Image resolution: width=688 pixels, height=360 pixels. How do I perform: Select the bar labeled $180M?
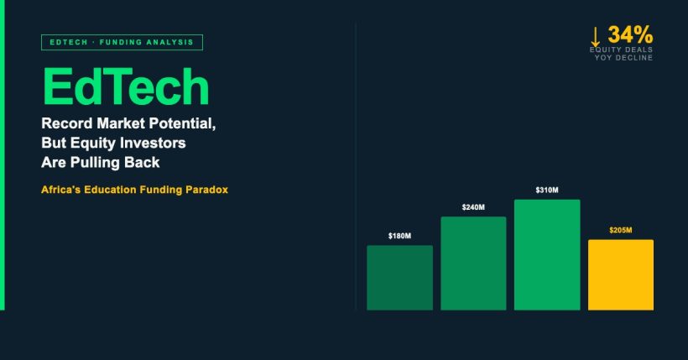pos(399,278)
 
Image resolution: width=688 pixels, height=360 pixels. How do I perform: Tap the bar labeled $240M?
pos(473,263)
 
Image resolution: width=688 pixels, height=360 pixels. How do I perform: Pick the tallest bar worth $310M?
pos(547,255)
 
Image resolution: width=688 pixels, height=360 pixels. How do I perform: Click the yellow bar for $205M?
pos(620,274)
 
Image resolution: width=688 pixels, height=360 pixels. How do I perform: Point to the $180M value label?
pos(399,237)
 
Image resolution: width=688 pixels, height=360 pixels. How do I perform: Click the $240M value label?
pos(473,207)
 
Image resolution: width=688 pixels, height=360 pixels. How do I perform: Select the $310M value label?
pos(547,190)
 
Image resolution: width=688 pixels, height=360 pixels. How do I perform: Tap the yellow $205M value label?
pos(621,230)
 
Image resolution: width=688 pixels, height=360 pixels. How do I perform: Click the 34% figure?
pos(630,35)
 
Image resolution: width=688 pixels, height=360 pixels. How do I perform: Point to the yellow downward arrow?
pos(596,36)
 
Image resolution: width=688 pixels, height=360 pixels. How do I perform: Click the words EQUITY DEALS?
pos(621,50)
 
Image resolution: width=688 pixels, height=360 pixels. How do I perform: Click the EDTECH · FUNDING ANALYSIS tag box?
pos(122,42)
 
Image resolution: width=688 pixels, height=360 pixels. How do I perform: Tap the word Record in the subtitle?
pos(67,123)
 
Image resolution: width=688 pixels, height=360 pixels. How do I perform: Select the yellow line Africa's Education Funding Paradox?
pos(134,190)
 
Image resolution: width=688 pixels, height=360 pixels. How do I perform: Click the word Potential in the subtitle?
pos(185,123)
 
